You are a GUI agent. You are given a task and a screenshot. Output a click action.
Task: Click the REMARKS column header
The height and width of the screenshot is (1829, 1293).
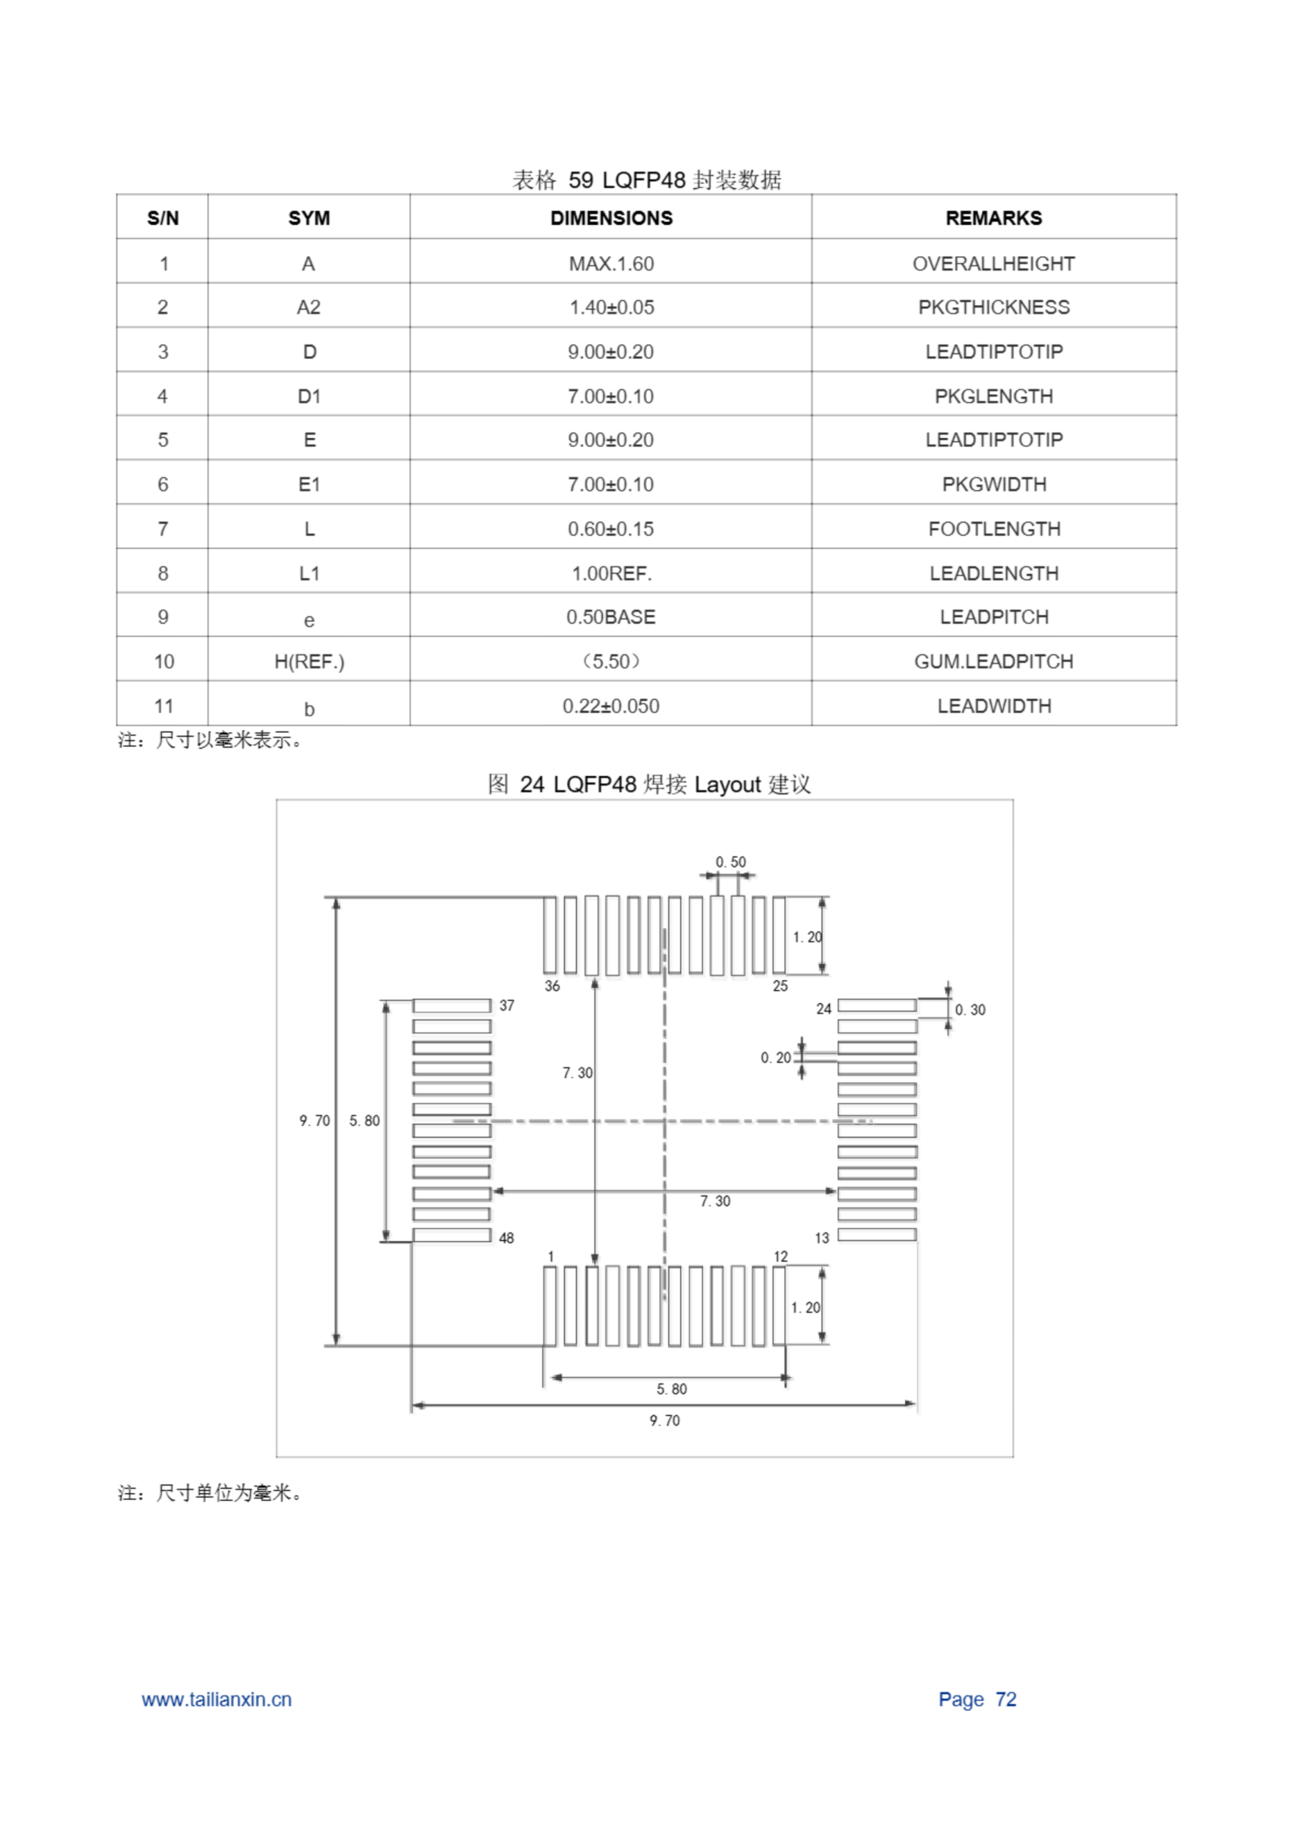[993, 217]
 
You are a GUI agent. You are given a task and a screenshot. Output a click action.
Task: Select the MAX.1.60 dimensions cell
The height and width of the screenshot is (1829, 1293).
[611, 264]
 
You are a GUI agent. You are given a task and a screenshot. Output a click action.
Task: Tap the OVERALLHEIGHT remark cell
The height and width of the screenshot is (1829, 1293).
[993, 264]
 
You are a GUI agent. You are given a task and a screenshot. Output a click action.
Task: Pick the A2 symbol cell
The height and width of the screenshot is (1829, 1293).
[309, 307]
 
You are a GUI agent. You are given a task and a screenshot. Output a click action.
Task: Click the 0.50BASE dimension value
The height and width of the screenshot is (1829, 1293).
[611, 617]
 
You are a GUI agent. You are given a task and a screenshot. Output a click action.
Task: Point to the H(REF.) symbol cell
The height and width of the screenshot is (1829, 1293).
[309, 662]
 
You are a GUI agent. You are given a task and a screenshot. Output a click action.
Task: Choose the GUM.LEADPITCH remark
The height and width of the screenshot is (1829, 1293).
[993, 662]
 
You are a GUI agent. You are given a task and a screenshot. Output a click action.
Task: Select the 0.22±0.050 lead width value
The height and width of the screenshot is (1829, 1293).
[611, 707]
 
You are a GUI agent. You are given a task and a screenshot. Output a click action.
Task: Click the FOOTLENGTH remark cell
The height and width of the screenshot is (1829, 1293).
[994, 529]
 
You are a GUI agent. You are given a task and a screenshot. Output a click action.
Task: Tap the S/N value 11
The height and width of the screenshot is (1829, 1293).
[164, 707]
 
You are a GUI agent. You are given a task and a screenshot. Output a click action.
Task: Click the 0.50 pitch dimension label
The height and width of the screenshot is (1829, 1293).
[730, 862]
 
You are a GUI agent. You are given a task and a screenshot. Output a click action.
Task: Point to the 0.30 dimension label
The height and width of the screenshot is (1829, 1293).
[969, 1010]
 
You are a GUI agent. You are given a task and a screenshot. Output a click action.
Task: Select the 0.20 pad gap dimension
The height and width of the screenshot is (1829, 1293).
[775, 1058]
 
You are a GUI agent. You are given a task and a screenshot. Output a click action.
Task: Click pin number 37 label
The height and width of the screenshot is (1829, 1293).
[506, 1006]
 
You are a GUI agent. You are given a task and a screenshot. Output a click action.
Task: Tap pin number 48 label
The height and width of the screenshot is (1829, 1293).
[506, 1238]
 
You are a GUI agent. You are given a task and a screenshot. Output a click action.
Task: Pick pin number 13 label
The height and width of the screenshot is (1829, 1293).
[822, 1238]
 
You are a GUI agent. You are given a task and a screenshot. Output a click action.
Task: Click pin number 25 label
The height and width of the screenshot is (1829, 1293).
[780, 986]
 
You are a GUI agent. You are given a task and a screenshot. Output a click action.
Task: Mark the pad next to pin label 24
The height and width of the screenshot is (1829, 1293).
[877, 1005]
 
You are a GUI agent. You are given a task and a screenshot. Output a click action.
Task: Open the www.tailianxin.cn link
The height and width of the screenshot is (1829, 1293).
[216, 1699]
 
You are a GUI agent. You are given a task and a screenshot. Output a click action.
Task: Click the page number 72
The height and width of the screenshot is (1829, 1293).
[1005, 1699]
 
